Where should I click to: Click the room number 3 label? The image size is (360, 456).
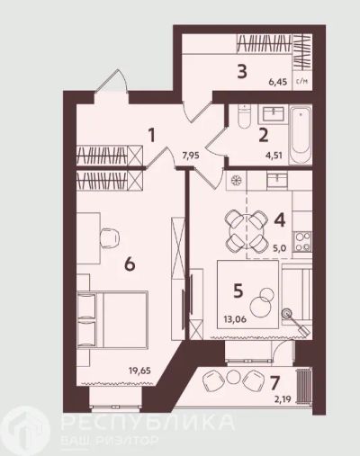242,72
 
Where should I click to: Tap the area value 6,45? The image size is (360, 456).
278,82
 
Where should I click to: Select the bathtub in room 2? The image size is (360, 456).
301,135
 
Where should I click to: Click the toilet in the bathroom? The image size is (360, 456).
244,117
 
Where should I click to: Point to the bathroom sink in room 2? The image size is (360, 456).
274,114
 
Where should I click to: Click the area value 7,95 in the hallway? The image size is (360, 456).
191,156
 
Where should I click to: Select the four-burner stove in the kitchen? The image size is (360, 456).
302,242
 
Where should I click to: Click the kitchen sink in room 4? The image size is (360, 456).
277,180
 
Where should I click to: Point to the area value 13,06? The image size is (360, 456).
235,319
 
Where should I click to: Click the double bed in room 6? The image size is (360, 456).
112,320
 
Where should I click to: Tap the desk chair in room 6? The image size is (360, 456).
109,238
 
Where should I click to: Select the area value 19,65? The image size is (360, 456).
139,371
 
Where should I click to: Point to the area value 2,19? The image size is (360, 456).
283,399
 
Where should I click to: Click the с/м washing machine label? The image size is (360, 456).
302,81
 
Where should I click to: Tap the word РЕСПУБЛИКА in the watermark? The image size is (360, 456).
148,422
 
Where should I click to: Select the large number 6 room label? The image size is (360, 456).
130,264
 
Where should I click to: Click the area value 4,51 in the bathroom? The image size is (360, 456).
274,156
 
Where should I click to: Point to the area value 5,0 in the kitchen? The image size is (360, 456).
280,248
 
